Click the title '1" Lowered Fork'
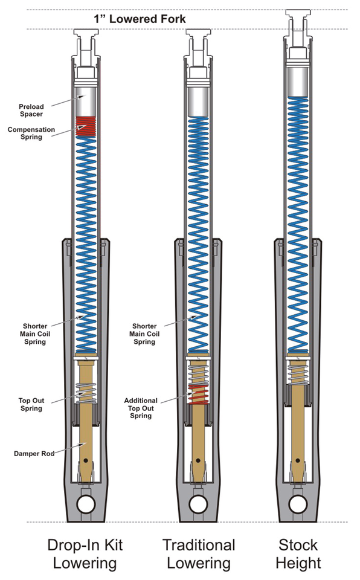click(x=139, y=19)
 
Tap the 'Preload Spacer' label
click(x=31, y=110)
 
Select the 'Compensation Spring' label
click(x=31, y=134)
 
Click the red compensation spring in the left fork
click(x=85, y=126)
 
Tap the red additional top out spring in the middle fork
click(x=198, y=393)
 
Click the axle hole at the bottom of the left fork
click(x=85, y=503)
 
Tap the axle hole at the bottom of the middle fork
click(x=199, y=503)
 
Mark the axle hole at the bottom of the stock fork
click(x=298, y=503)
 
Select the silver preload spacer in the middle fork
click(x=199, y=100)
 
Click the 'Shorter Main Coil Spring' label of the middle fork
click(x=145, y=333)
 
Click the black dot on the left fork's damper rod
click(x=86, y=460)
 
